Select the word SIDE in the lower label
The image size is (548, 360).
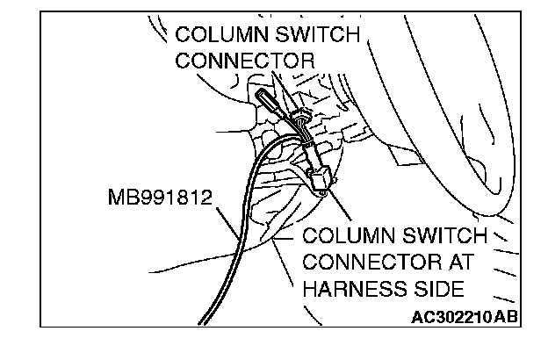click(x=434, y=289)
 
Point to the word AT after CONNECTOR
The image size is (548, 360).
click(x=457, y=263)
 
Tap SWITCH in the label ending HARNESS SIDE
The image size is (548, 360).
click(x=443, y=237)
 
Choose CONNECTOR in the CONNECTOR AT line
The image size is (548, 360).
click(x=366, y=263)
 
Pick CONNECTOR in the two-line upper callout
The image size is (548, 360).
click(x=245, y=61)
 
